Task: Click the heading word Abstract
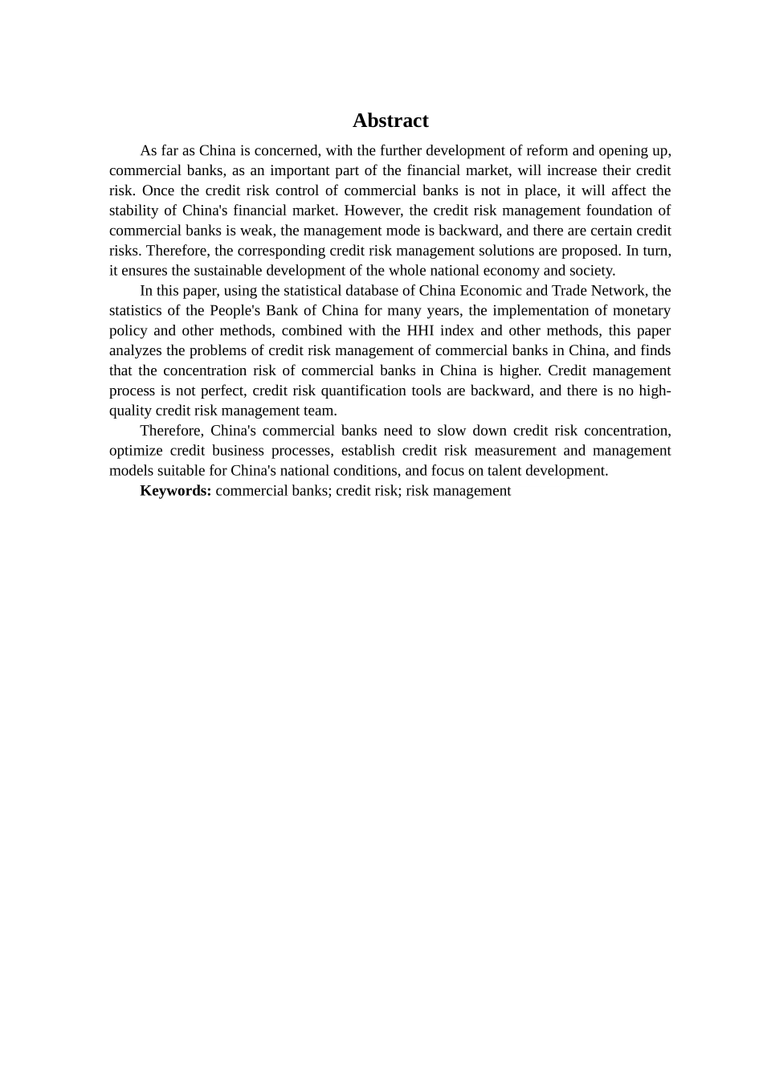390,121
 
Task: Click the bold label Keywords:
175,491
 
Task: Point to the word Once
157,190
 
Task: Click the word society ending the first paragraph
592,271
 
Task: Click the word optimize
135,451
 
